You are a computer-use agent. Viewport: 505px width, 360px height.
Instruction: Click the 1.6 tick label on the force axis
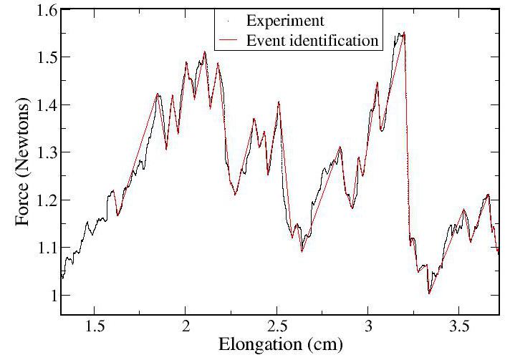pyautogui.click(x=45, y=11)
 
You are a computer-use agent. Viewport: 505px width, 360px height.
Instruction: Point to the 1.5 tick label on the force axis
pyautogui.click(x=45, y=58)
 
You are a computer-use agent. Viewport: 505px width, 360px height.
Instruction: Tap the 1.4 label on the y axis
pyautogui.click(x=45, y=105)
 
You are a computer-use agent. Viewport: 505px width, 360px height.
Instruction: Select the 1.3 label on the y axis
pyautogui.click(x=45, y=153)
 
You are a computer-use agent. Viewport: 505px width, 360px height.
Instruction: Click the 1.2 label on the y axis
pyautogui.click(x=45, y=200)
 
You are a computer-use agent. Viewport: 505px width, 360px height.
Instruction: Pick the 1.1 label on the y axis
pyautogui.click(x=45, y=248)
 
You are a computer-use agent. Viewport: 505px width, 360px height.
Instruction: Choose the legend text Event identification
pyautogui.click(x=312, y=40)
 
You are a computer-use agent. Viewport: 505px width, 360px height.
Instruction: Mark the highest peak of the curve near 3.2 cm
pyautogui.click(x=405, y=33)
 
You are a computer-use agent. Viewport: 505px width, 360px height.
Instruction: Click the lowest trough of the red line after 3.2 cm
pyautogui.click(x=428, y=293)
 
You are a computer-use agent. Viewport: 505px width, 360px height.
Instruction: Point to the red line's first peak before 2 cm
pyautogui.click(x=158, y=94)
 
